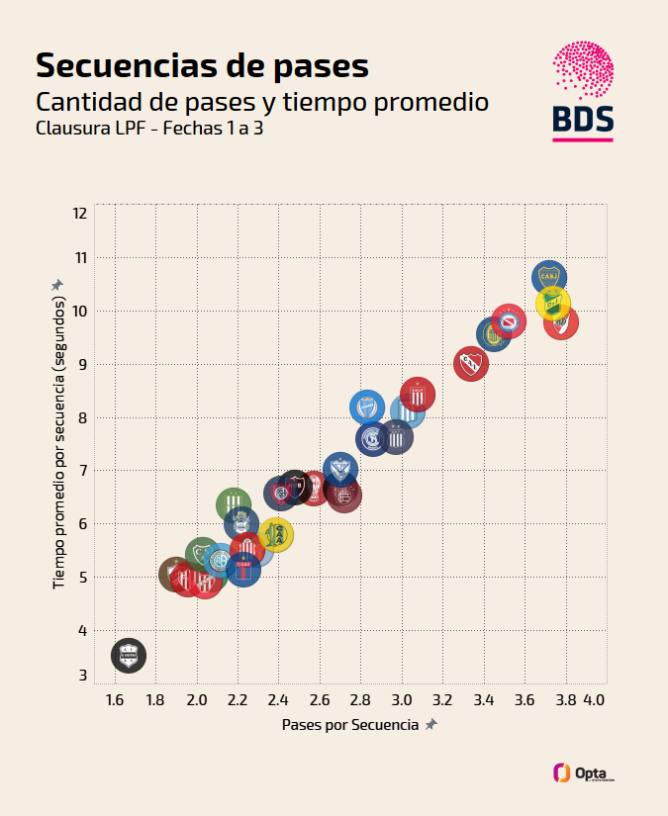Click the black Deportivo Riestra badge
(128, 655)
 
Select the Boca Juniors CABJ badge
(548, 278)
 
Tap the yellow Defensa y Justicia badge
(553, 302)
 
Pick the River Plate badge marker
(561, 322)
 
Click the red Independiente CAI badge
(471, 363)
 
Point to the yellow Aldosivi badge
(277, 535)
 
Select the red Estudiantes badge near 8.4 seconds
(418, 396)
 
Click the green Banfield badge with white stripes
(234, 505)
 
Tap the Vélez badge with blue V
(340, 470)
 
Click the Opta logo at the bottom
(584, 772)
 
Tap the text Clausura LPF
(87, 129)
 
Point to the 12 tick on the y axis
(79, 214)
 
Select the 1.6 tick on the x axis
(114, 700)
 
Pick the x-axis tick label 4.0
(594, 700)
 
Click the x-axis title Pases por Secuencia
(350, 725)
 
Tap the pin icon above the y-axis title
(57, 285)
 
